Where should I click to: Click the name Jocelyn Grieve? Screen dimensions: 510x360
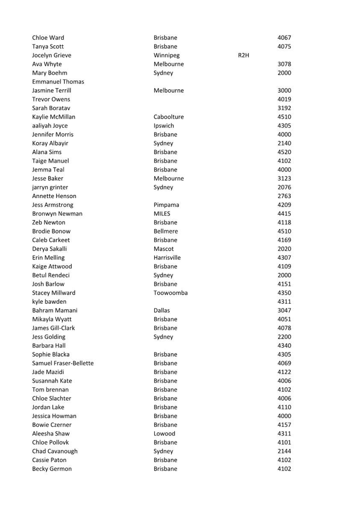(x=52, y=55)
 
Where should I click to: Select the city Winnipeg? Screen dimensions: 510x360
(x=167, y=55)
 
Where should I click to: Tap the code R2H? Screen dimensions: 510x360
(x=243, y=55)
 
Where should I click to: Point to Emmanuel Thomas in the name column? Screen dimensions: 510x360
(x=58, y=82)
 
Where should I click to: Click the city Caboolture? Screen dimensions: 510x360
(x=169, y=117)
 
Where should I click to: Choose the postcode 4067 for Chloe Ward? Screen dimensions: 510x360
(x=284, y=38)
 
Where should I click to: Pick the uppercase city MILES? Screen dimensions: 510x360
(x=162, y=214)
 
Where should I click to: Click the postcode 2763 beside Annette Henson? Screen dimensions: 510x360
(x=284, y=196)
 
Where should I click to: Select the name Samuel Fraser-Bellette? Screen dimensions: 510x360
(x=63, y=363)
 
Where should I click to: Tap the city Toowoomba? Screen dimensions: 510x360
(x=170, y=293)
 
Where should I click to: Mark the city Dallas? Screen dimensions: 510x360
(x=161, y=310)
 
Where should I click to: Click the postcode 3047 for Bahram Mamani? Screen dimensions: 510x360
(x=284, y=310)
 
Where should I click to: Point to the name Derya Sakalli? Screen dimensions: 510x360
(x=50, y=249)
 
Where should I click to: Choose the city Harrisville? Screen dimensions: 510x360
(x=167, y=258)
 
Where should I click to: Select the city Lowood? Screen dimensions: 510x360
(x=164, y=434)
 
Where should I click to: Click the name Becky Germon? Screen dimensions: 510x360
(x=52, y=469)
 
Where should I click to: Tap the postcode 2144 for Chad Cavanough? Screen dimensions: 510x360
(x=284, y=451)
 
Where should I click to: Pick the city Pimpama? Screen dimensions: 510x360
(x=167, y=205)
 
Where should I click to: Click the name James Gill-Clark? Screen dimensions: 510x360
(x=53, y=328)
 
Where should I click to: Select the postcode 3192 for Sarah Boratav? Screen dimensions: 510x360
(x=284, y=108)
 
